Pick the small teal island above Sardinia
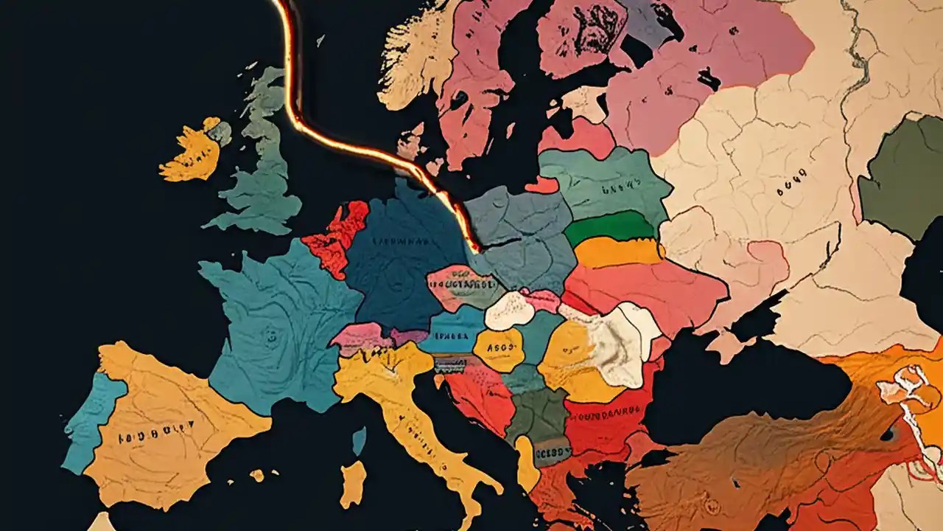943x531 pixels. click(359, 440)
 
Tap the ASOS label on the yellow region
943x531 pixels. click(499, 349)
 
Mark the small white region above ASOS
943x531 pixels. click(510, 310)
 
